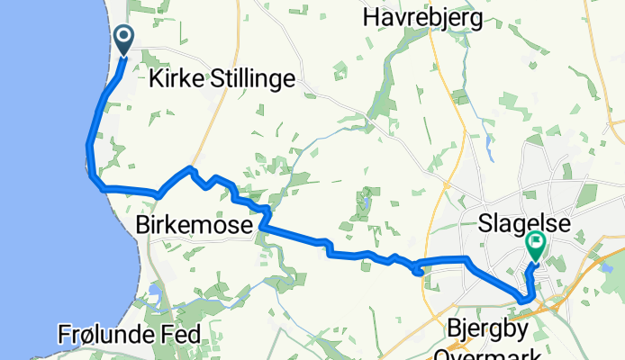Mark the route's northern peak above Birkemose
click(190, 167)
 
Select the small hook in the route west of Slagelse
click(417, 267)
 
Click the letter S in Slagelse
click(482, 221)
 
